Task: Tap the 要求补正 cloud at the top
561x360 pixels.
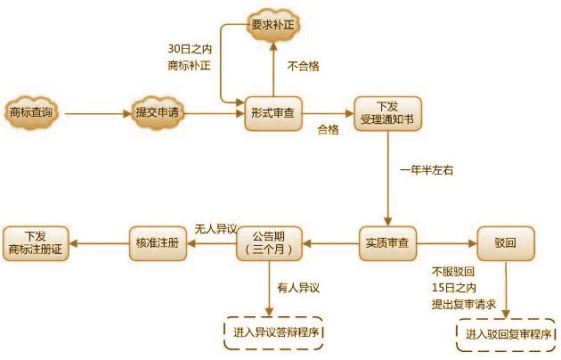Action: pyautogui.click(x=272, y=21)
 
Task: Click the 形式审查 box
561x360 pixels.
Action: pyautogui.click(x=273, y=113)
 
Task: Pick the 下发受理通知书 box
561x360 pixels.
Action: pyautogui.click(x=386, y=113)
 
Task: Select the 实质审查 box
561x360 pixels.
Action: pyautogui.click(x=386, y=242)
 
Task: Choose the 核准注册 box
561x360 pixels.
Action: pyautogui.click(x=159, y=242)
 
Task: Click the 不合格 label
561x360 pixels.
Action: pyautogui.click(x=304, y=65)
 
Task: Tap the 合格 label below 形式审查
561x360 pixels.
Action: pyautogui.click(x=329, y=130)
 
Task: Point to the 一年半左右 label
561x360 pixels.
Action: pyautogui.click(x=420, y=169)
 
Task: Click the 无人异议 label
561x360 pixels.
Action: pyautogui.click(x=215, y=230)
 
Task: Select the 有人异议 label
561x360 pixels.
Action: pyautogui.click(x=297, y=287)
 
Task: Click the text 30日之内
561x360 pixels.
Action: pyautogui.click(x=190, y=48)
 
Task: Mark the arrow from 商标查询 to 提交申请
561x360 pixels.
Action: pyautogui.click(x=95, y=114)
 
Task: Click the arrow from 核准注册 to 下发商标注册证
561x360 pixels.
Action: pyautogui.click(x=99, y=242)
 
